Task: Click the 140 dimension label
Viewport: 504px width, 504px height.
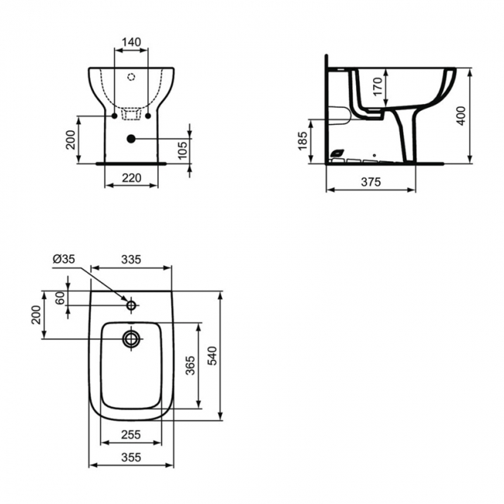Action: [x=130, y=42]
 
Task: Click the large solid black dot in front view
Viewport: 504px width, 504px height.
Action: [x=130, y=139]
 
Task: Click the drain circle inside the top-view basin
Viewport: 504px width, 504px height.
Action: [x=131, y=338]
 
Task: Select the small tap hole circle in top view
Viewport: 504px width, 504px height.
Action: [x=131, y=305]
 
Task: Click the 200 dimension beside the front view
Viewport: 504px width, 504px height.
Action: [x=70, y=140]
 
